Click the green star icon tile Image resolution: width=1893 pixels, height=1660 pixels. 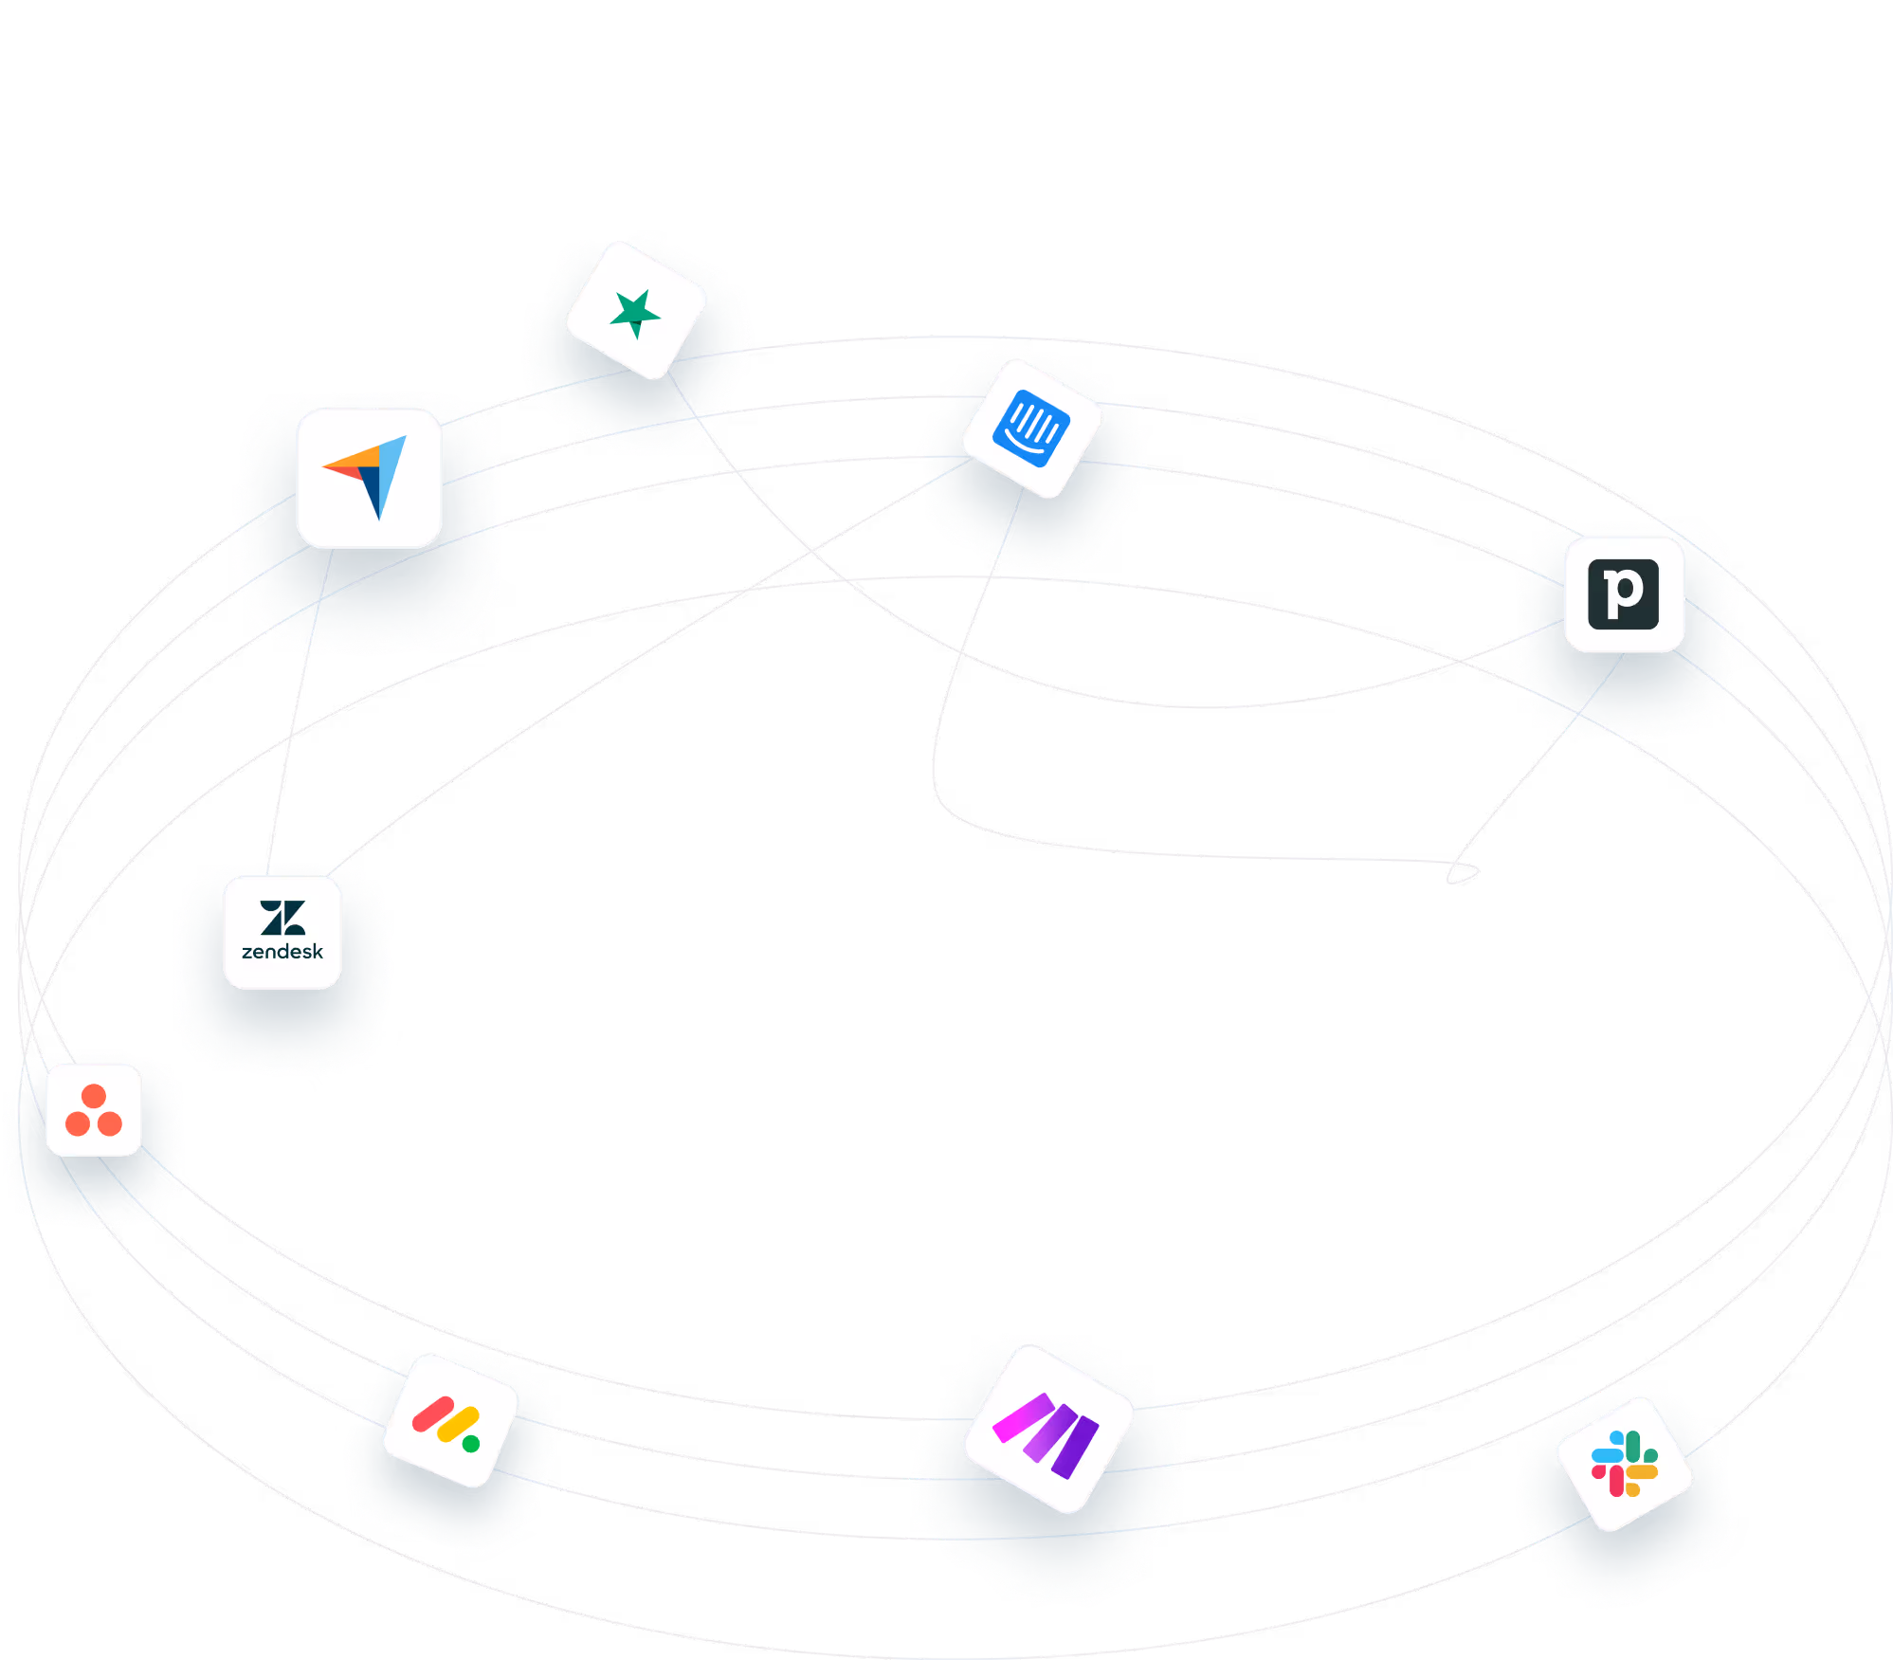click(x=634, y=311)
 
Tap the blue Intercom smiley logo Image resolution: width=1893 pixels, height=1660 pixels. click(x=1031, y=429)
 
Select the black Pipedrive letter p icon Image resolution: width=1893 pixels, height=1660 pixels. click(x=1624, y=594)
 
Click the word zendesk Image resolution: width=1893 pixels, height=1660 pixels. click(x=282, y=952)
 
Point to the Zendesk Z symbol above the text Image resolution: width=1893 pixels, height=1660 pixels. click(x=282, y=917)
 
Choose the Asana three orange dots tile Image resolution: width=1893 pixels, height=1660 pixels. click(x=94, y=1104)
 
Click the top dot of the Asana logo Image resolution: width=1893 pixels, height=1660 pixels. click(x=94, y=1096)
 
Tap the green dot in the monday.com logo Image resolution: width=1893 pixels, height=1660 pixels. click(x=471, y=1444)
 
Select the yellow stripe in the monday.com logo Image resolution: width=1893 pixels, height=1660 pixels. click(x=457, y=1424)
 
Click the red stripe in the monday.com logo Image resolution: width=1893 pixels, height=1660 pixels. click(x=434, y=1414)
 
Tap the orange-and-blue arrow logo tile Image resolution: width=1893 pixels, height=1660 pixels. click(x=369, y=479)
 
